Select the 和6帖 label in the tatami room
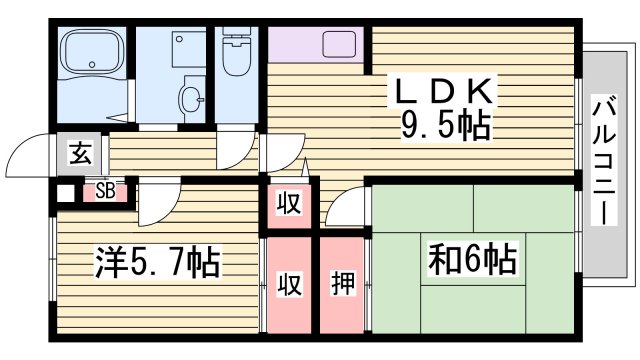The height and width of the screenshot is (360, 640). [473, 261]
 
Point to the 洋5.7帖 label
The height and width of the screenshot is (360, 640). [158, 264]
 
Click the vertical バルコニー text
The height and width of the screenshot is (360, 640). [604, 161]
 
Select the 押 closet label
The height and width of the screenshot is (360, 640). [343, 283]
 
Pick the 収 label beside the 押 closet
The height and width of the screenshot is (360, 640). [290, 283]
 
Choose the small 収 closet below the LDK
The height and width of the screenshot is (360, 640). [289, 203]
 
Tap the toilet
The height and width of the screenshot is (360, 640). [236, 56]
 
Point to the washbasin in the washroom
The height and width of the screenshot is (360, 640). [190, 98]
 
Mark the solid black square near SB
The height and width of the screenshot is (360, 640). [66, 193]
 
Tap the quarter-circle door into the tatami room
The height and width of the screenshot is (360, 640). [346, 210]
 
